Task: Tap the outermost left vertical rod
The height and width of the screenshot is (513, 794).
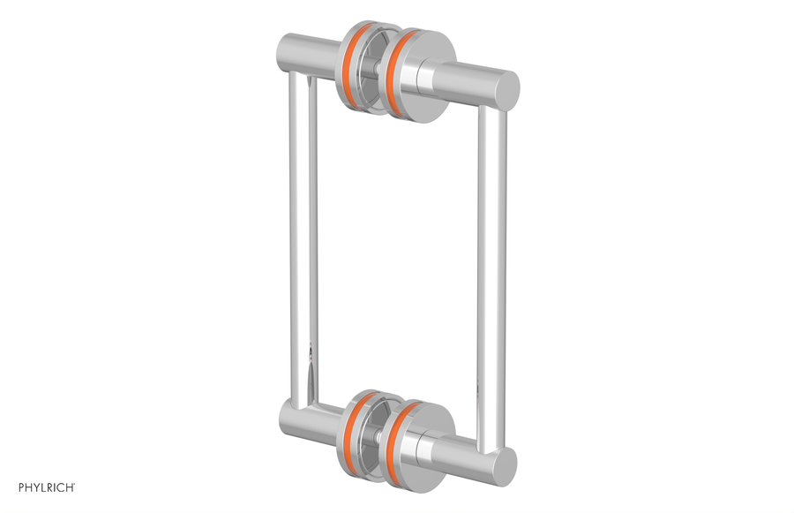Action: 291,238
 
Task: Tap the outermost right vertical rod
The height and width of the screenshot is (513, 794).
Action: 499,265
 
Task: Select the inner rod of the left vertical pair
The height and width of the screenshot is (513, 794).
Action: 311,238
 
